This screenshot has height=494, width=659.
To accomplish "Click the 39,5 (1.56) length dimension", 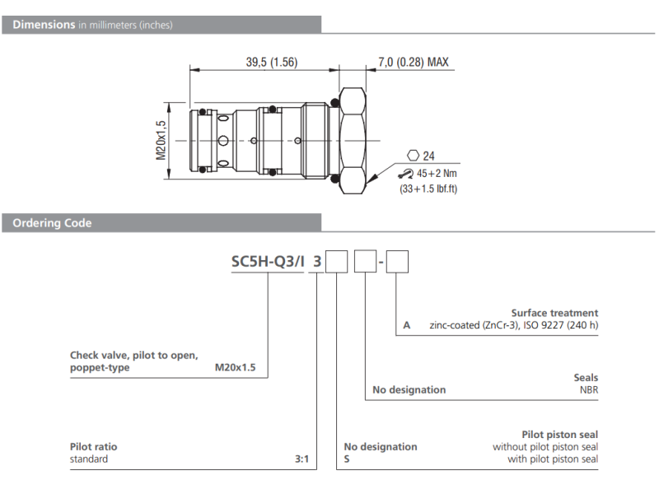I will [272, 63].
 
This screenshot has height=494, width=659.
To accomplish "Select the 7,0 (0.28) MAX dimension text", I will [413, 63].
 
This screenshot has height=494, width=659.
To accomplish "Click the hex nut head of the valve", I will [352, 139].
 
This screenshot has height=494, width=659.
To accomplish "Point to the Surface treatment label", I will [554, 313].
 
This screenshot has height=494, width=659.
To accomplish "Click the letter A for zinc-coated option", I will [406, 325].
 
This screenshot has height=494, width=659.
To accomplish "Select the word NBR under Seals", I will [588, 389].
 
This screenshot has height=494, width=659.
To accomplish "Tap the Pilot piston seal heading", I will [559, 434].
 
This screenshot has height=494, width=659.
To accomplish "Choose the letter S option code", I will [347, 459].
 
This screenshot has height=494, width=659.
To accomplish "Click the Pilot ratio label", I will [93, 446].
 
